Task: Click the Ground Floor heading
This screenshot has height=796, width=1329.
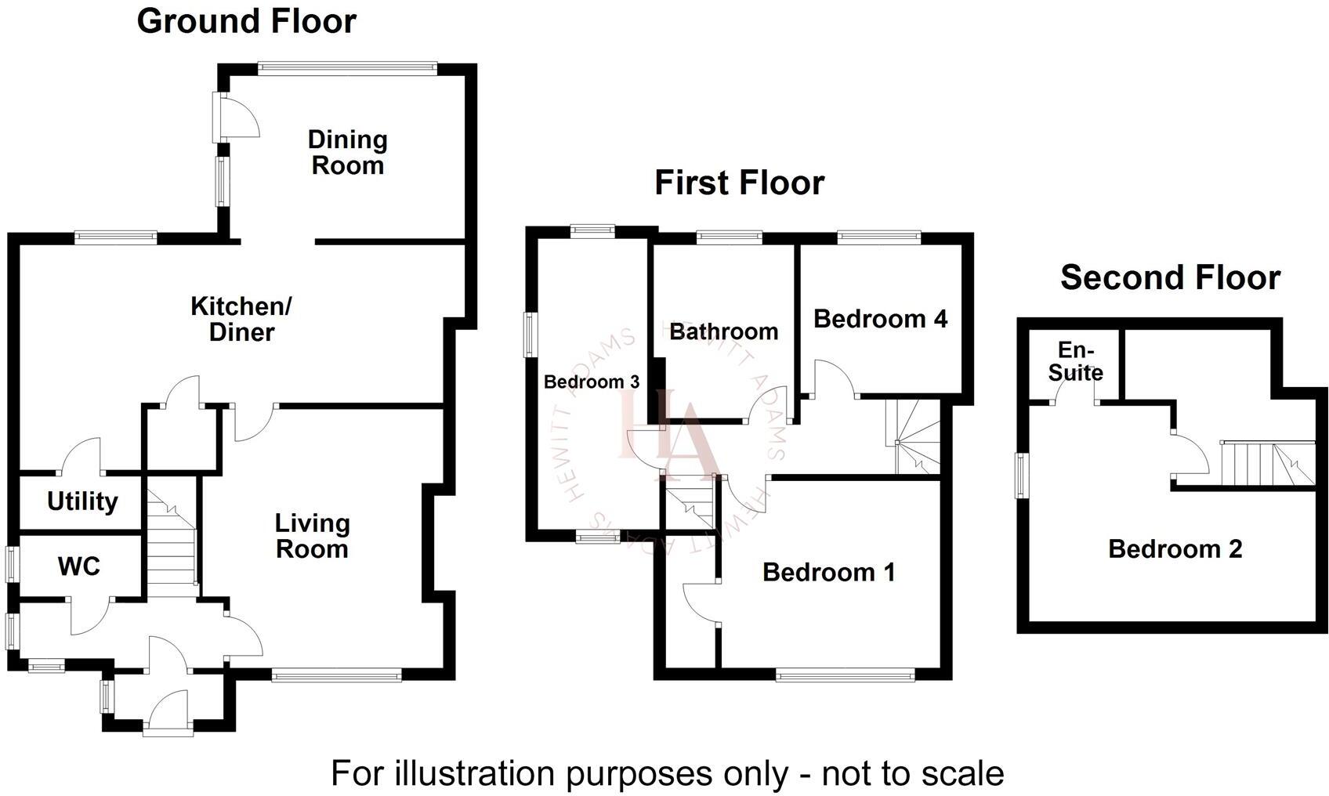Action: point(246,21)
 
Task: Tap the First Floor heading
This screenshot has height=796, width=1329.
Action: point(739,183)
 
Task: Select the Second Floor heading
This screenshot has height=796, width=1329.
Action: point(1170,277)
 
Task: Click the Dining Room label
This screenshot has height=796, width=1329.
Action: point(347,153)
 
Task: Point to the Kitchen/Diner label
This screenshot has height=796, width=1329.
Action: point(241,319)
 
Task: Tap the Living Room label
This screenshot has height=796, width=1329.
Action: point(311,536)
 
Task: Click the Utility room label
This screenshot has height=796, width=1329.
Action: point(82,501)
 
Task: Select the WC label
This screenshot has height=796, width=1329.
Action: point(78,566)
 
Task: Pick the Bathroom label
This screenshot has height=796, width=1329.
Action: point(723,331)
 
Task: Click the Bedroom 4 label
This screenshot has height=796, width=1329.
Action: point(880,319)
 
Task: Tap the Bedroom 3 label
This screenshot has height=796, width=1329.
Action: point(591,382)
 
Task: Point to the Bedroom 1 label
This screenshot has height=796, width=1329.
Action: point(828,572)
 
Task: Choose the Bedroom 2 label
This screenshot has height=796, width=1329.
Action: point(1175,548)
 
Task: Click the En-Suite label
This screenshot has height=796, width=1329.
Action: point(1075,361)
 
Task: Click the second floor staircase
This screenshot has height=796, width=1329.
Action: point(1266,463)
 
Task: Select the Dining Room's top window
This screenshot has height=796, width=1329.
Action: point(347,68)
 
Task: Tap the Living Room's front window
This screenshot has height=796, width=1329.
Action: point(337,674)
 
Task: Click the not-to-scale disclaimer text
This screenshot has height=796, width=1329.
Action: point(667,773)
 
